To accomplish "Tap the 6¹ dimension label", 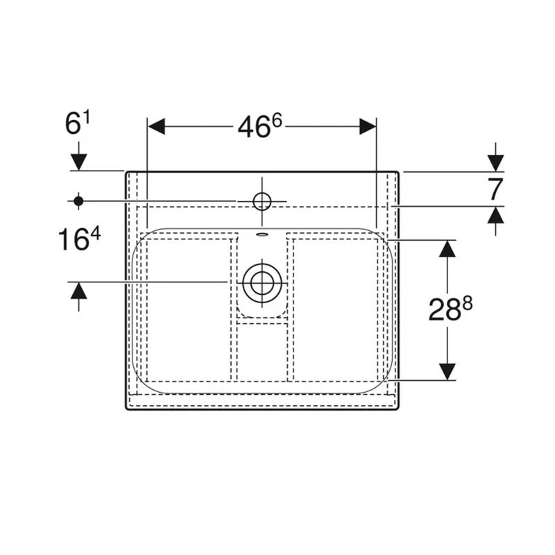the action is coord(78,123).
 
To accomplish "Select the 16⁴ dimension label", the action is coord(79,239).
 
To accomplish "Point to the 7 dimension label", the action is coord(495,189).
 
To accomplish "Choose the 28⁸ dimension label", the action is coord(450,309).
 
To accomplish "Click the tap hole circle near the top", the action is coord(262,201).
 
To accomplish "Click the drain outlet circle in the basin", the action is coord(262,283).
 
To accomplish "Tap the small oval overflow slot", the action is coord(262,234).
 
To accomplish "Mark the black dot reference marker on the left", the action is coord(78,201).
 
